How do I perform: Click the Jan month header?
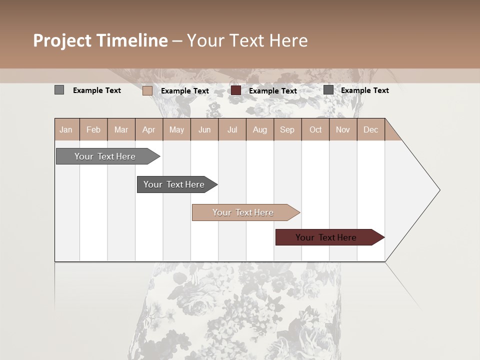[66, 129]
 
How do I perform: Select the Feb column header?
[93, 129]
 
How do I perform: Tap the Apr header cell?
[148, 129]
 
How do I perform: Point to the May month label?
[176, 129]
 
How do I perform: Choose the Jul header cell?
[232, 129]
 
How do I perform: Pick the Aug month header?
[260, 129]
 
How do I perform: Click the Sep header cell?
[287, 129]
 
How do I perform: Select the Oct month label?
[315, 129]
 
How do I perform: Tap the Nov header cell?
[343, 129]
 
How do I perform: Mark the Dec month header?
[370, 129]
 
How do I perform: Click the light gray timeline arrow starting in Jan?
[105, 156]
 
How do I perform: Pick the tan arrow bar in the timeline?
[243, 212]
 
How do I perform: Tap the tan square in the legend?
[147, 90]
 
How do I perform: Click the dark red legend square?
[236, 90]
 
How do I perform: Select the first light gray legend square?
[59, 90]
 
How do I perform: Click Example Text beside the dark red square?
[273, 90]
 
